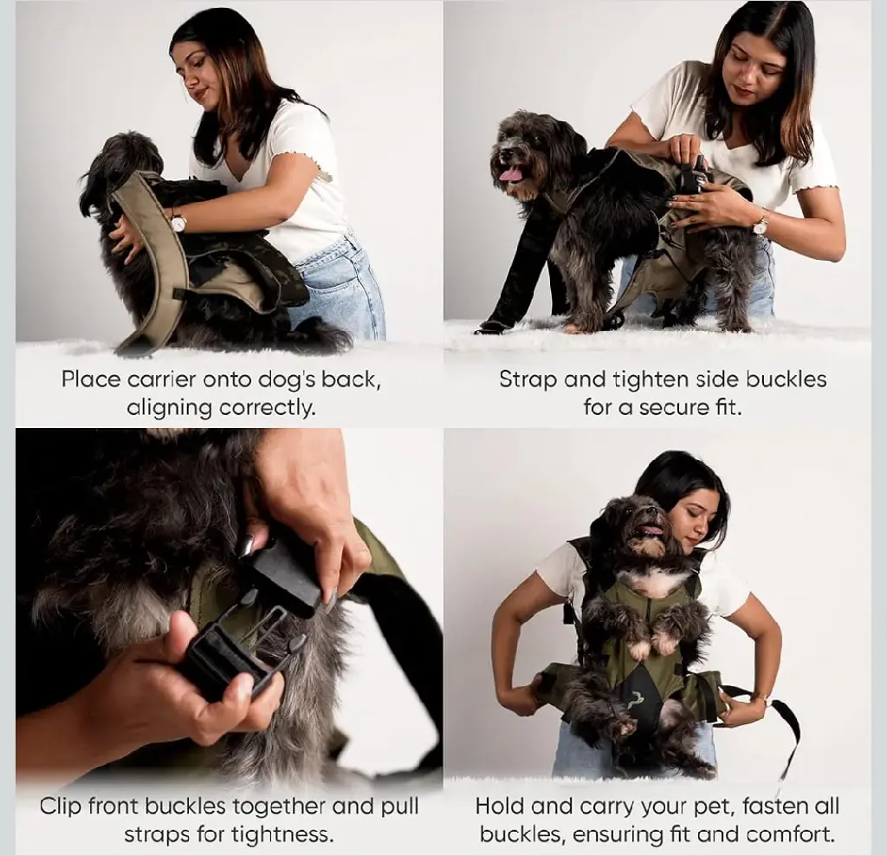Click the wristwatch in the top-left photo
point(178,224)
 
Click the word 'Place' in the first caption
point(90,379)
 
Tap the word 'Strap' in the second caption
point(528,379)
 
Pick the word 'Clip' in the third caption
point(61,807)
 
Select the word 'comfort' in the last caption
point(789,834)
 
